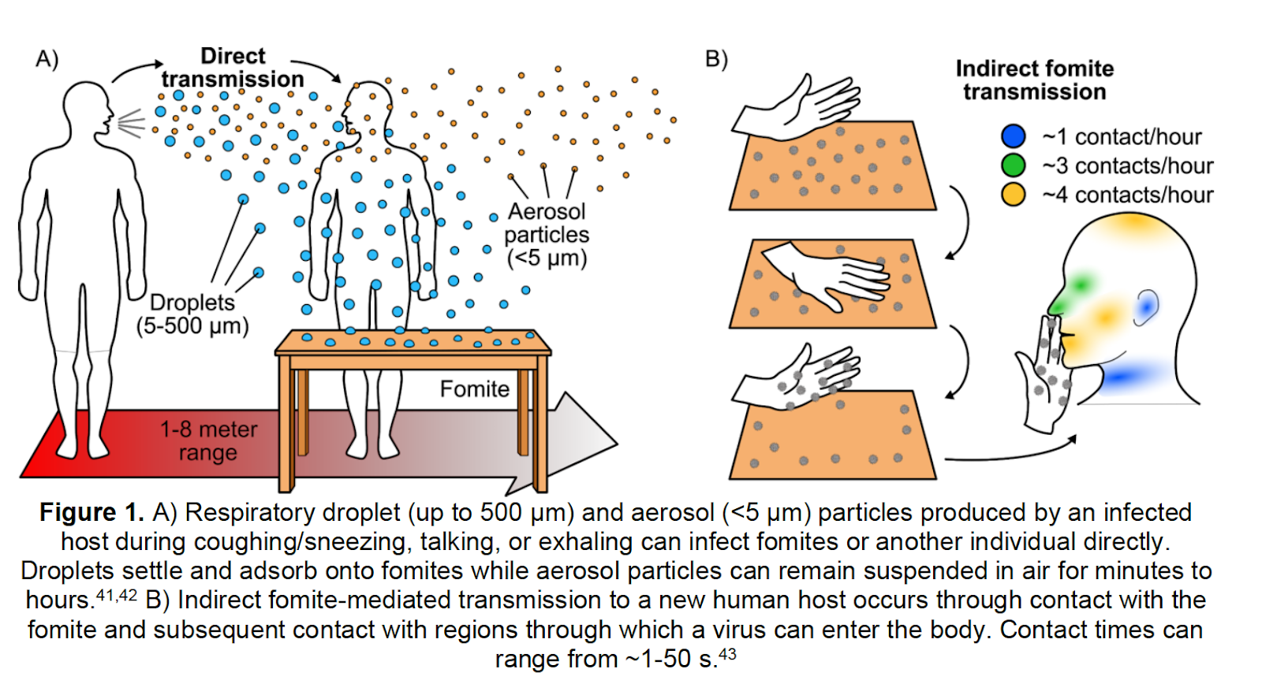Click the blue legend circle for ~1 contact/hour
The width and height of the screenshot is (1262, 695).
pyautogui.click(x=1013, y=136)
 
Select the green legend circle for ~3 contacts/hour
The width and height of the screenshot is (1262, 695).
pyautogui.click(x=1013, y=165)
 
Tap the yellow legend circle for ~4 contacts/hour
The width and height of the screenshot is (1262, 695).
pyautogui.click(x=1013, y=194)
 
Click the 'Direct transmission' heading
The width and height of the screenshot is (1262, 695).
pyautogui.click(x=233, y=68)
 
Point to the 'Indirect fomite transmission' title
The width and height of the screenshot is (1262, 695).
pyautogui.click(x=1034, y=80)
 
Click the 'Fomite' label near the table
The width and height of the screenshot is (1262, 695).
pyautogui.click(x=474, y=388)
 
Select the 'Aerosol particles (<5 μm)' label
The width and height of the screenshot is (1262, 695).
pyautogui.click(x=547, y=235)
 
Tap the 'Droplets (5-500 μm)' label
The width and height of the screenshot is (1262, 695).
pyautogui.click(x=192, y=314)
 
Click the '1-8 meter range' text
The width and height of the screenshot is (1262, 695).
pyautogui.click(x=208, y=440)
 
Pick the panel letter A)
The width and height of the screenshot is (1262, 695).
pyautogui.click(x=47, y=59)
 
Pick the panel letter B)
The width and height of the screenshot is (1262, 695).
pyautogui.click(x=716, y=59)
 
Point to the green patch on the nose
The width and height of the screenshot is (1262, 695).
pyautogui.click(x=1077, y=288)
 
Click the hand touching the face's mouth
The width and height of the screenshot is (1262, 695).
pyautogui.click(x=1045, y=370)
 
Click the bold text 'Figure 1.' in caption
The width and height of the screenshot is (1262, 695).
pyautogui.click(x=91, y=512)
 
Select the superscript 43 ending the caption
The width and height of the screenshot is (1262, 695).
pyautogui.click(x=727, y=654)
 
